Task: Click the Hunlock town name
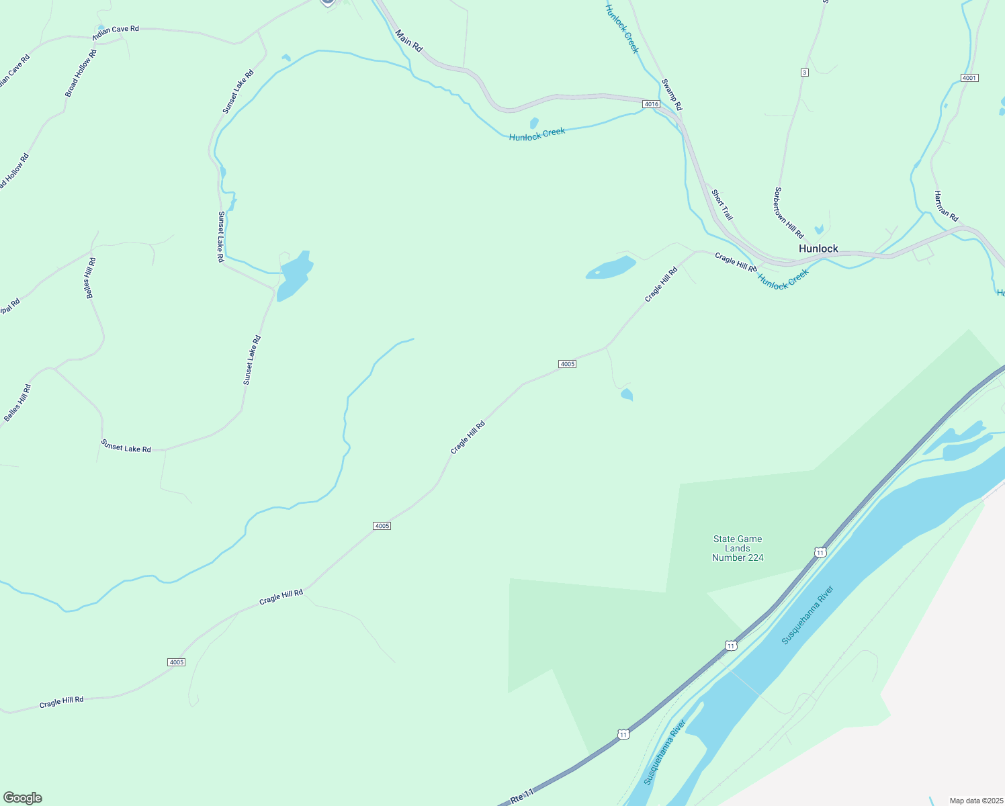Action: tap(818, 249)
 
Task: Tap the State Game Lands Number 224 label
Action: tap(738, 548)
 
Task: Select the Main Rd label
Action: tap(408, 41)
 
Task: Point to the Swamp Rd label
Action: tap(672, 95)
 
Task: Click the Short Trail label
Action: tap(722, 205)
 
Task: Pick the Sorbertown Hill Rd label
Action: tap(789, 213)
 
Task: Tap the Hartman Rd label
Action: tap(946, 206)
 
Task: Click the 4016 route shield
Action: tap(651, 104)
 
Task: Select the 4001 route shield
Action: tap(969, 78)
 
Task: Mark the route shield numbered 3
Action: tap(804, 72)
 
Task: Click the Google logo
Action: tap(23, 798)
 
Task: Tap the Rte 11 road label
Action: tap(522, 797)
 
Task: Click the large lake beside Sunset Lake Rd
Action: tap(294, 275)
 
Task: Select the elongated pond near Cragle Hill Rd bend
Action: tap(611, 268)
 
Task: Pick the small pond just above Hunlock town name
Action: tap(818, 230)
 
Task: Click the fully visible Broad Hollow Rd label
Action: tap(81, 73)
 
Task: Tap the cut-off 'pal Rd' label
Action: tap(9, 307)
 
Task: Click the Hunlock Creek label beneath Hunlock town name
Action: tap(783, 279)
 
